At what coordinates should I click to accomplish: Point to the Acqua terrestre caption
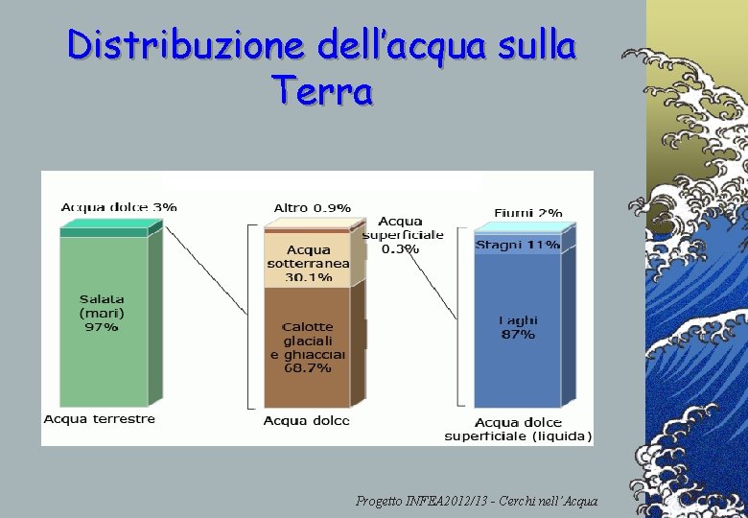99,419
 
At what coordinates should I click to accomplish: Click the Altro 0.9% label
312,207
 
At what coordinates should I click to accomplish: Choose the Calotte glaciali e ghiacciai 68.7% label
308,346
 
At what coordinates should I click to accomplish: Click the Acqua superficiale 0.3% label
402,235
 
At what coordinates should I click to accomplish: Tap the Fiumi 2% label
528,212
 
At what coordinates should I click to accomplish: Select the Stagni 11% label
518,245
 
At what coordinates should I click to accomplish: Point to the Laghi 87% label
518,327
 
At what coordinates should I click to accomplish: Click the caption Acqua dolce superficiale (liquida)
518,429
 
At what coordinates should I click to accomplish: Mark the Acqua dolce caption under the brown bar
306,420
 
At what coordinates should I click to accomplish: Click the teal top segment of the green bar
104,231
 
